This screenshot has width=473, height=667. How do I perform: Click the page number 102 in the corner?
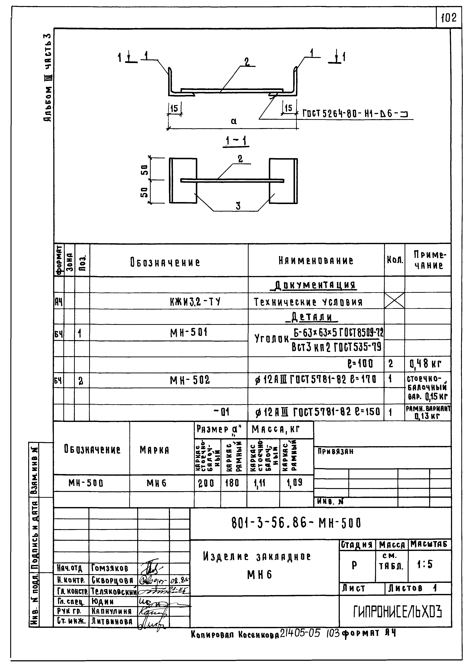coord(449,18)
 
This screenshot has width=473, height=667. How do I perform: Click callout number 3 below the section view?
coord(238,206)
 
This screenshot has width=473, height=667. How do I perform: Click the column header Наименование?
coord(316,260)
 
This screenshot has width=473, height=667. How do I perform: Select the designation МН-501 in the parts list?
coord(189,332)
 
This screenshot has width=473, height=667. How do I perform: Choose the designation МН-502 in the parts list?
coord(190,380)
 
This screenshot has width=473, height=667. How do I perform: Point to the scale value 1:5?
coord(425,565)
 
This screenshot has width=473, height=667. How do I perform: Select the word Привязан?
coord(335,452)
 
